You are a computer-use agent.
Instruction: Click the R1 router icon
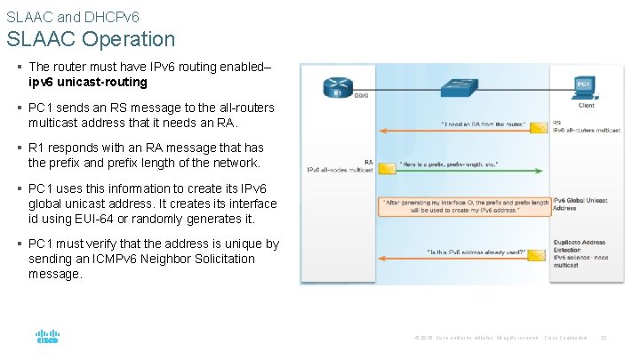point(338,86)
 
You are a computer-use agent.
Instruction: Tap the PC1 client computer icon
point(584,87)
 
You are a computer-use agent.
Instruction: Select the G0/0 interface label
point(362,95)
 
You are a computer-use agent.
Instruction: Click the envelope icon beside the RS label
point(539,128)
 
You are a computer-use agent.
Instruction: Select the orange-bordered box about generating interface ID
point(465,206)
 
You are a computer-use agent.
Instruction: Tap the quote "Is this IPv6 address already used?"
point(476,252)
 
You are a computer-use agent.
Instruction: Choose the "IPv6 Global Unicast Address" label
point(581,204)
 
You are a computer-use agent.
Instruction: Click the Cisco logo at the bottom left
point(47,337)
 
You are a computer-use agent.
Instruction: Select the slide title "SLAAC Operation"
point(91,39)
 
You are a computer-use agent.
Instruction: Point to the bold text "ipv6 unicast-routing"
point(87,82)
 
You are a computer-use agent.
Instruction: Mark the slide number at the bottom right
point(604,338)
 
